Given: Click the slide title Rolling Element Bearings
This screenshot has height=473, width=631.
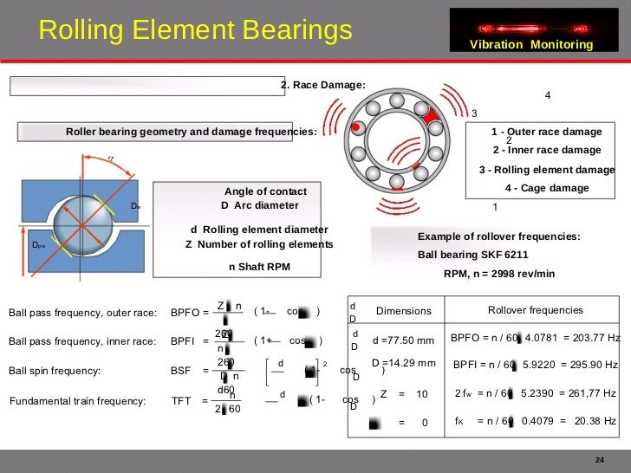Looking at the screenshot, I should coord(195,31).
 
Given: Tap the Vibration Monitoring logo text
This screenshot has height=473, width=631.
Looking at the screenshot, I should coord(531,45).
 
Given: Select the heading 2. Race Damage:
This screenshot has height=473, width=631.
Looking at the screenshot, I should coord(322,85).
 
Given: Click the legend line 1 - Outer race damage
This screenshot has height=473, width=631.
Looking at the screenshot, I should coord(546,132).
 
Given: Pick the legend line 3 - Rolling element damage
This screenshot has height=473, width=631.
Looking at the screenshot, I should coord(546,169).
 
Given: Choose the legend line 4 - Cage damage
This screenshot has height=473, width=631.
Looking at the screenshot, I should coord(546,188).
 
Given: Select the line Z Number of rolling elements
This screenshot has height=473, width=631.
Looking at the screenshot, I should coord(259,244).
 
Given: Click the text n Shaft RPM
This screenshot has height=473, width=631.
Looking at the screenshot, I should coord(259,267).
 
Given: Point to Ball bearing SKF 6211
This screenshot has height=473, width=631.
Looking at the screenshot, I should coord(472,255).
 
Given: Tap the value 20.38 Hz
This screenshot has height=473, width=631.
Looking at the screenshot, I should coord(595,421).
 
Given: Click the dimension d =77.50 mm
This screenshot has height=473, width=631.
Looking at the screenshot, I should coord(402,340).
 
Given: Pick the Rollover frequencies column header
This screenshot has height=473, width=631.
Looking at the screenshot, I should coord(535,310).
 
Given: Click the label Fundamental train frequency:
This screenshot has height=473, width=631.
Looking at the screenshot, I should coord(78,401).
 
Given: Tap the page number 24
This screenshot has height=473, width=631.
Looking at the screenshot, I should coord(598,458).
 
